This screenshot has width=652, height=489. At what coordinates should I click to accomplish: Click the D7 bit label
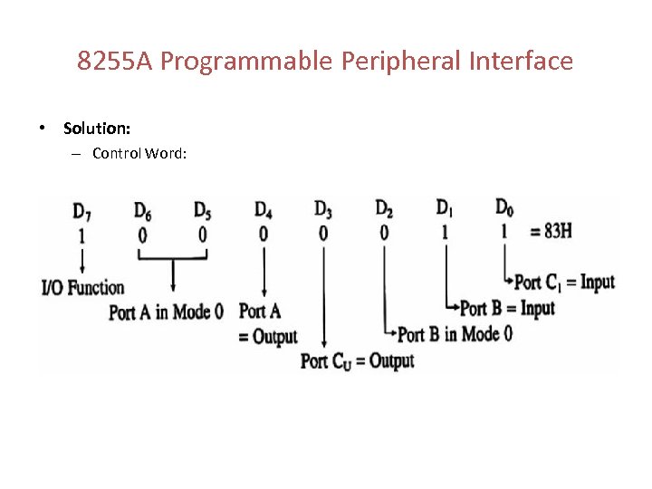coord(81,213)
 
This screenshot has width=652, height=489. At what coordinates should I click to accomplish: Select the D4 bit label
coord(263,211)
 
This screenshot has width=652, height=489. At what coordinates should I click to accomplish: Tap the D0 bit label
coord(504,207)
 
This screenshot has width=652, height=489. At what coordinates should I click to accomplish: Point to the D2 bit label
coord(384,209)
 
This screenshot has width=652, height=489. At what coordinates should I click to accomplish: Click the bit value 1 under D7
coord(82,235)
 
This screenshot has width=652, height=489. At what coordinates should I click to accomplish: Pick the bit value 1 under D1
coord(445,232)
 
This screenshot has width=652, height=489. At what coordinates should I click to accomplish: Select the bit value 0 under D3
coord(323,234)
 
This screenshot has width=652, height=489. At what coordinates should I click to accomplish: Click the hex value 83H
coord(551,231)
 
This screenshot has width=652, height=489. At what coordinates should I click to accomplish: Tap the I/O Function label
coord(83,289)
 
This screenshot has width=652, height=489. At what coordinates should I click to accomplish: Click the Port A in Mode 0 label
coord(166,312)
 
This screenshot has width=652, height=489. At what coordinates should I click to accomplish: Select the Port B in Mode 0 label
coord(455,334)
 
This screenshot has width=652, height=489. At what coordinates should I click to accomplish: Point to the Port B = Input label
coord(507,309)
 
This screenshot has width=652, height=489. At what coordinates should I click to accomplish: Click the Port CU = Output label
coord(357,361)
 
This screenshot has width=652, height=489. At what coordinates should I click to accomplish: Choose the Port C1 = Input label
coord(564,282)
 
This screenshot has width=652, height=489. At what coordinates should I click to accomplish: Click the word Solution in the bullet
coord(97,129)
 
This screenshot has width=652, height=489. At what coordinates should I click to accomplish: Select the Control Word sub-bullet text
coord(139,153)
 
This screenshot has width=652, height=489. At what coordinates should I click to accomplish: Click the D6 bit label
coord(142,211)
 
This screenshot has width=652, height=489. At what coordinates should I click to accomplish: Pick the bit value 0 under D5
coord(203,235)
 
